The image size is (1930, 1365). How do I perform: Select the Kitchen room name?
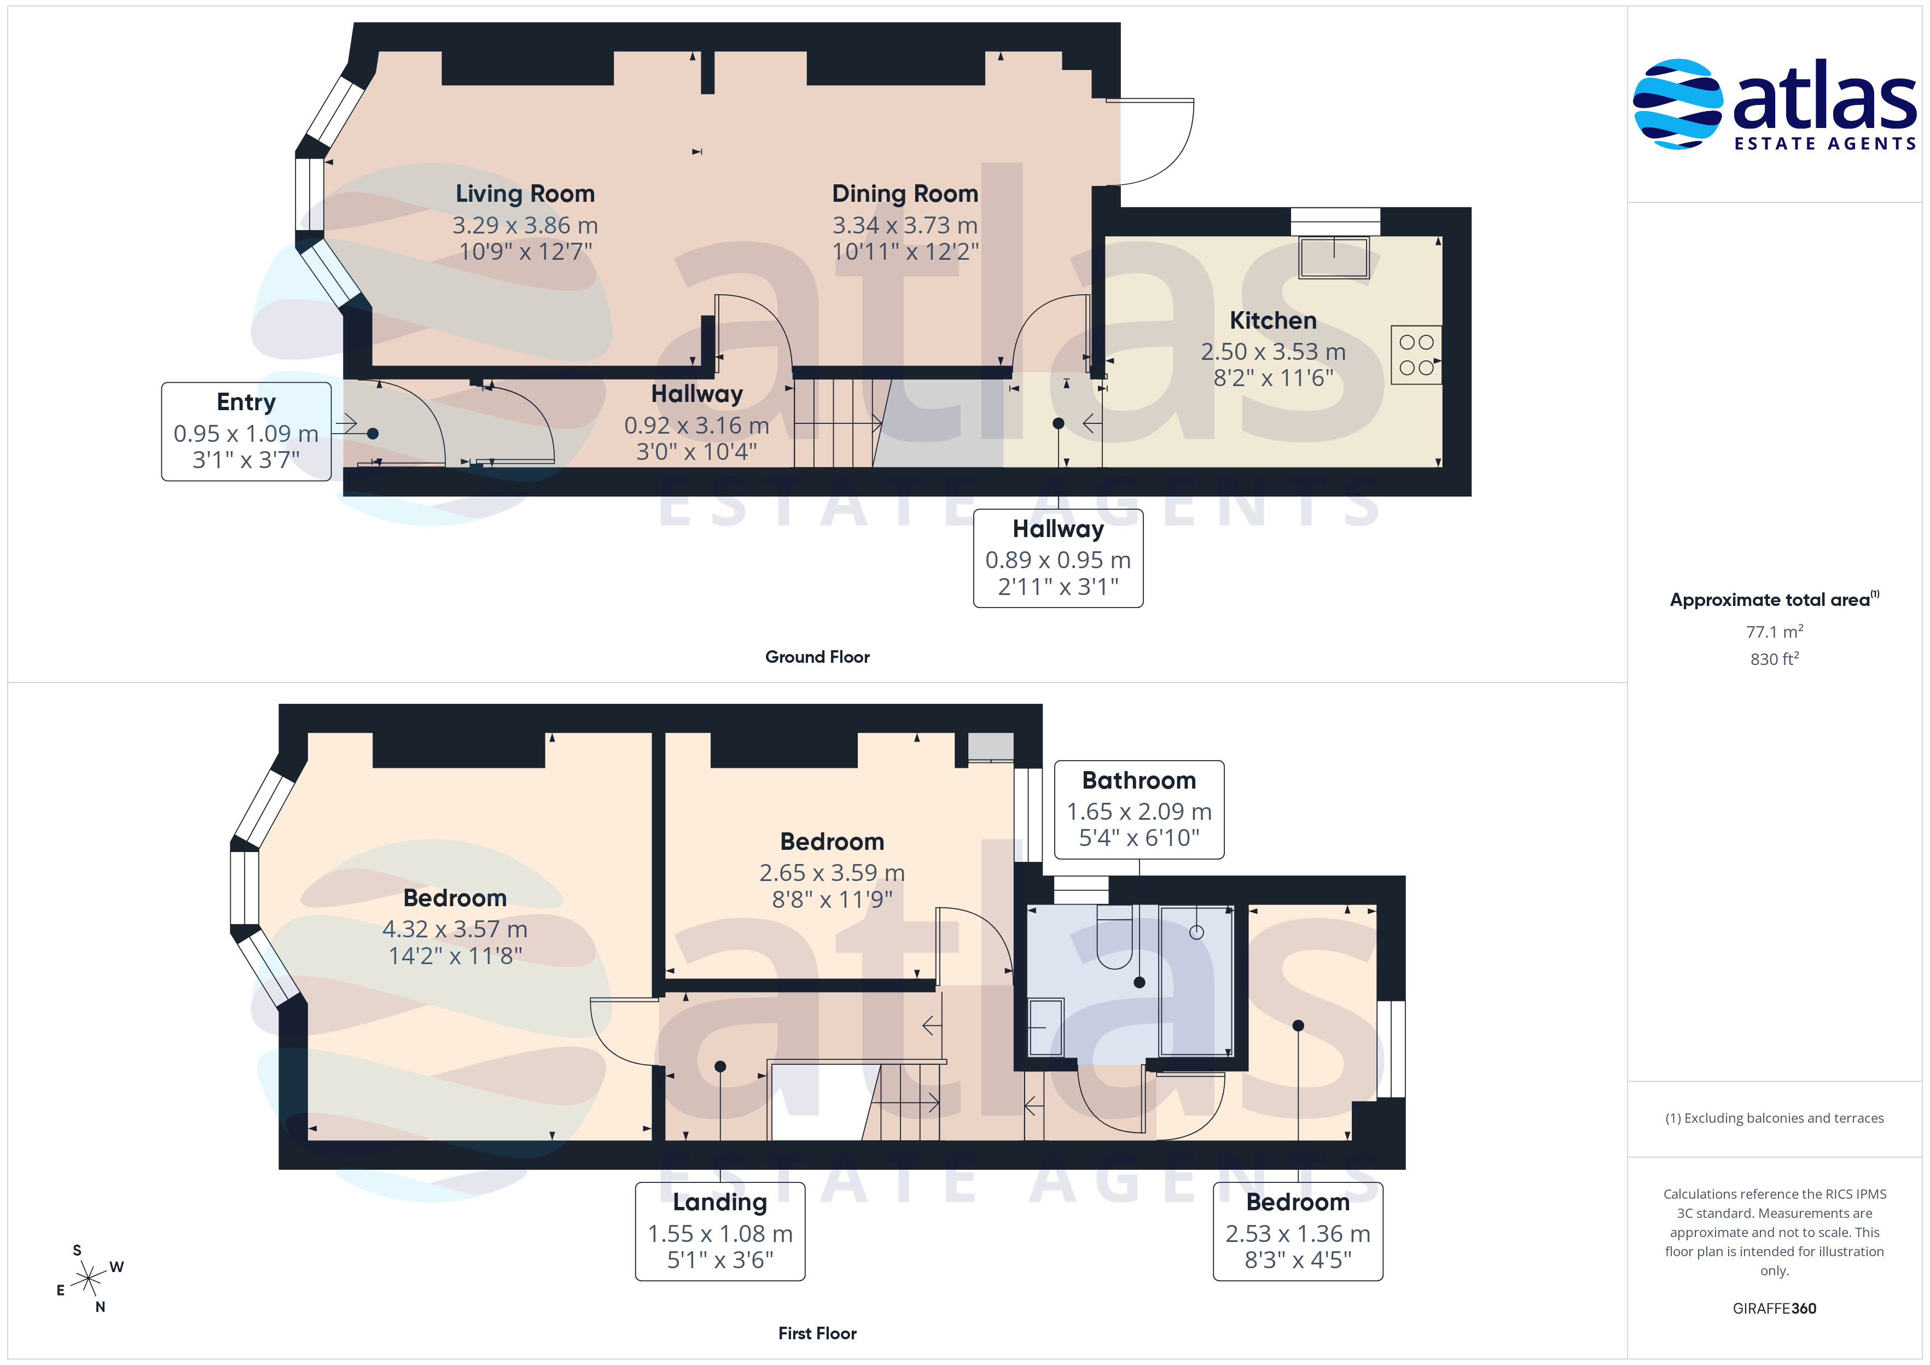1272,320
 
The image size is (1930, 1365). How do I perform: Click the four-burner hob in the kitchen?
1416,355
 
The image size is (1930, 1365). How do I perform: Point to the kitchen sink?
1334,257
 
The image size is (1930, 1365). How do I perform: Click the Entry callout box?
246,431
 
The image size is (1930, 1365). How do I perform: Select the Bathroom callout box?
1139,809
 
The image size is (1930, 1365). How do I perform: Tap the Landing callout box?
719,1232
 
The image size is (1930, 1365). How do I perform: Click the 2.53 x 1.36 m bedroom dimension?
1298,1234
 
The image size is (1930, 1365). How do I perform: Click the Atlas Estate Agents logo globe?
1678,104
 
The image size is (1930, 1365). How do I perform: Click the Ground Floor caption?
817,657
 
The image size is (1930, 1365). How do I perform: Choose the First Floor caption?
817,1333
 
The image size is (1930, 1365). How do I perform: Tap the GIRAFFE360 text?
1775,1309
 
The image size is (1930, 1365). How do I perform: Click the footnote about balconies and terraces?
1775,1118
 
